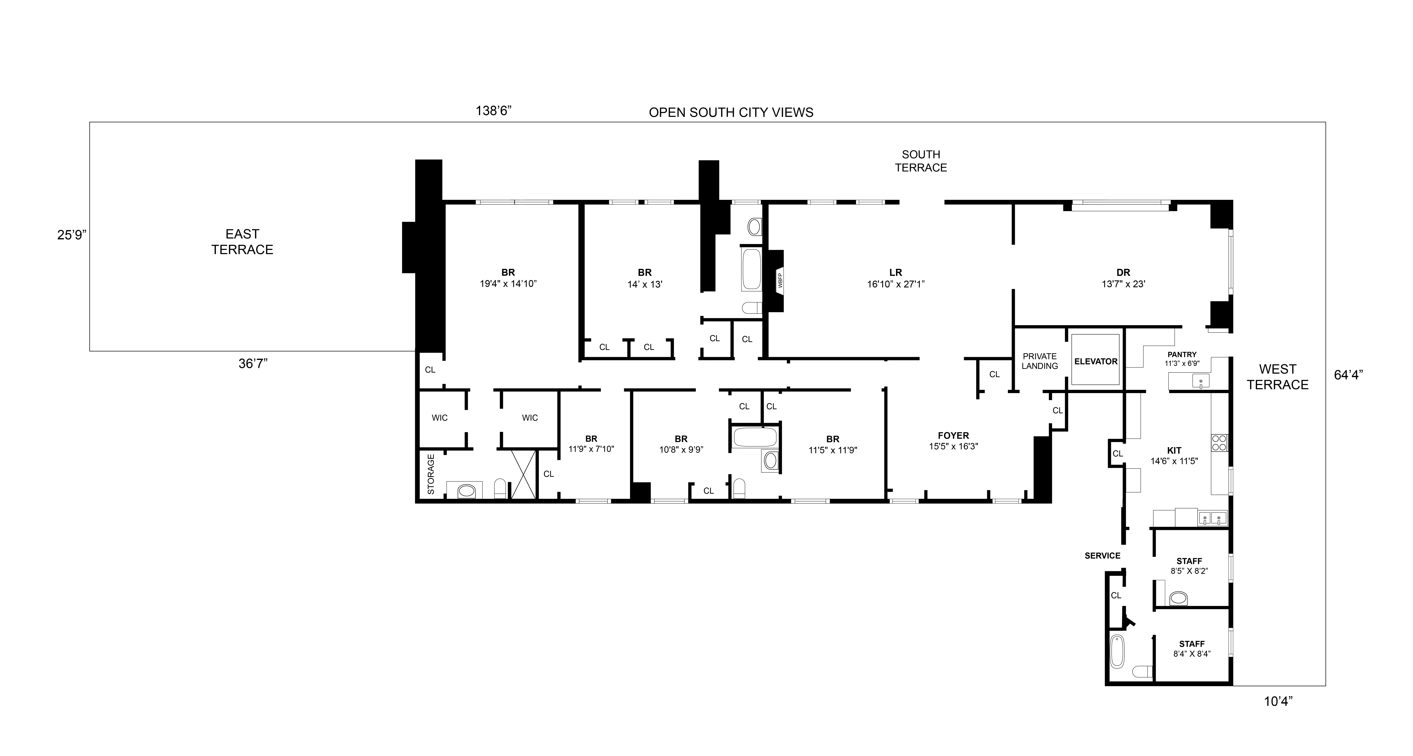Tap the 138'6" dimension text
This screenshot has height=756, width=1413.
tap(493, 111)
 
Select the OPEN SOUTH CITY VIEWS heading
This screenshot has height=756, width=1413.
tap(731, 112)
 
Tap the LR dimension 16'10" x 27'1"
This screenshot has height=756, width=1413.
tap(896, 284)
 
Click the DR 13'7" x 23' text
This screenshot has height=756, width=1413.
tap(1123, 284)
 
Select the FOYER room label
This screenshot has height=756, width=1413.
tap(953, 436)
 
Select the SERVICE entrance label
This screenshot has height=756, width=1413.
tap(1103, 555)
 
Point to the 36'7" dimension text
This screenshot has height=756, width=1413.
tap(253, 363)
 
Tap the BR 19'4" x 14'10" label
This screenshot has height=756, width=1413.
tap(508, 278)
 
